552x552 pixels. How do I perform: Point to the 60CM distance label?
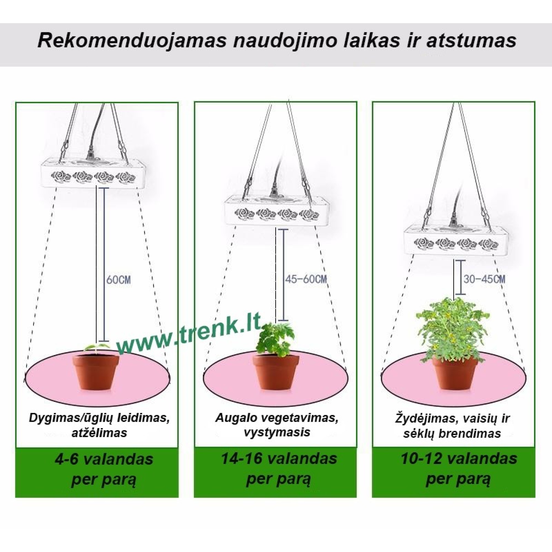[x=118, y=280]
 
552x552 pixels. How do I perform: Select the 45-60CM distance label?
[x=306, y=279]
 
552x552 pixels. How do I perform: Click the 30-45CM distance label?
[x=484, y=279]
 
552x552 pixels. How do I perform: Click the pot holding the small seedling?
[x=95, y=372]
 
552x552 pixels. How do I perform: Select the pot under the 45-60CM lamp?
[x=276, y=372]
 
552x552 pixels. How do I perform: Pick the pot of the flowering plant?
[x=455, y=372]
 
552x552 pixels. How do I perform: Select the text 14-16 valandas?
[x=279, y=459]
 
